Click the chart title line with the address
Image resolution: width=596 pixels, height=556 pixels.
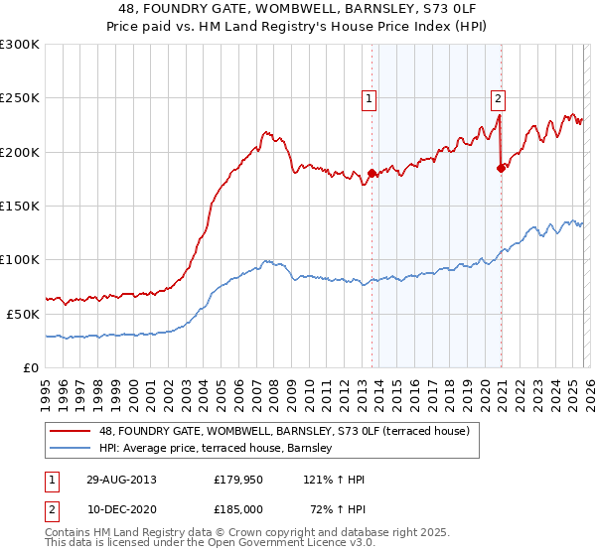pos(298,9)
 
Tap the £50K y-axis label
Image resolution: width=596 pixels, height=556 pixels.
pos(24,314)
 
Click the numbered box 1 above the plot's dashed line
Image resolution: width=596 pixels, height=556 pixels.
pos(369,98)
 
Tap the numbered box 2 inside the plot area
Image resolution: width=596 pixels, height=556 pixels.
pos(497,98)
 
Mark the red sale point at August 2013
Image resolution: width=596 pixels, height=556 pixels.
pos(372,174)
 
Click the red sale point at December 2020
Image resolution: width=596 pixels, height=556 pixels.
pos(501,168)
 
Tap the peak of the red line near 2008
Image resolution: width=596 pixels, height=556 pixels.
pos(265,131)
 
